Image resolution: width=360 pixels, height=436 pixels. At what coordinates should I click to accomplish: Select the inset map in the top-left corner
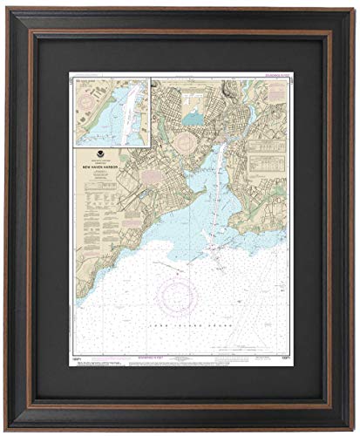tap(112, 111)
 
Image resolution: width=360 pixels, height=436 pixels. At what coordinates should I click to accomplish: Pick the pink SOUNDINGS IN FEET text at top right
tap(272, 77)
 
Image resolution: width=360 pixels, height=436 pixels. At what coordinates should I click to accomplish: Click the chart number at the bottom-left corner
tap(77, 358)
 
